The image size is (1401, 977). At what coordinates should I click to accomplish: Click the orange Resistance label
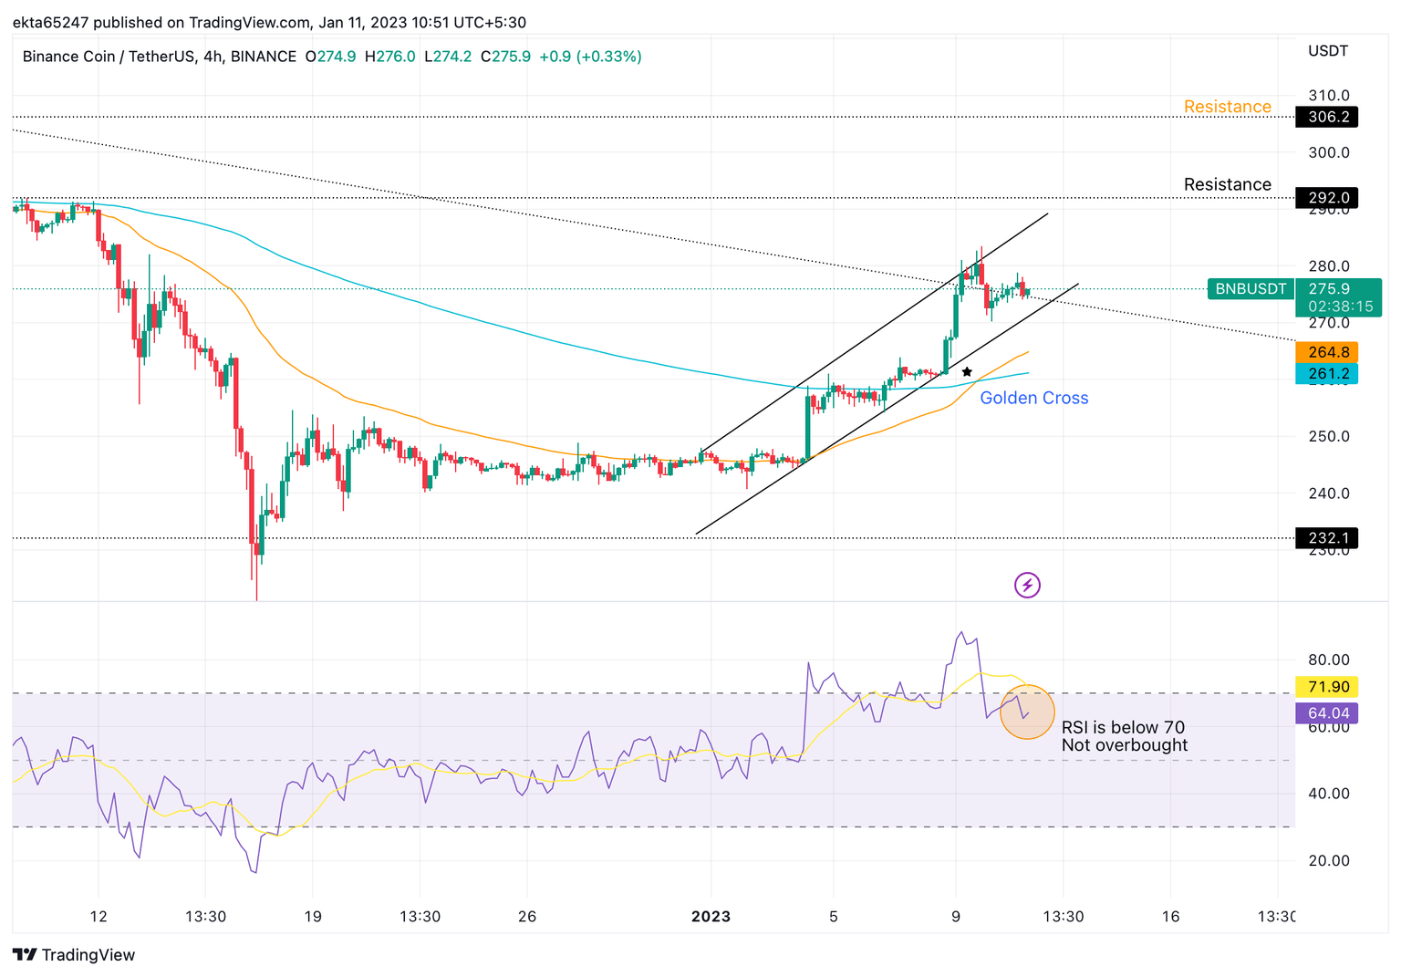tap(1227, 107)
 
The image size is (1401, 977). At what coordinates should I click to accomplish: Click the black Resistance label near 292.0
tap(1227, 184)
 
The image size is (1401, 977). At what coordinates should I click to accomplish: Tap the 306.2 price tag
tap(1327, 117)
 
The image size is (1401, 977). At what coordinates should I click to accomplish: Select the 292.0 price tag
tap(1327, 198)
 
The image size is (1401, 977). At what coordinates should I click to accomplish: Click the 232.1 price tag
tap(1327, 538)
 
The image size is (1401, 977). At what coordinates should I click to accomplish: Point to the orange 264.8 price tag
tap(1327, 352)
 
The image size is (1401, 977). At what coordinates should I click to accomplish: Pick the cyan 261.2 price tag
tap(1327, 374)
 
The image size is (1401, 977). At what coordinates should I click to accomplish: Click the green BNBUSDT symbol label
tap(1250, 289)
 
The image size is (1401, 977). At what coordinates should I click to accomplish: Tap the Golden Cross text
tap(1033, 398)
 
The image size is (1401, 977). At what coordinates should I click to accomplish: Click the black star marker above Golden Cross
tap(967, 372)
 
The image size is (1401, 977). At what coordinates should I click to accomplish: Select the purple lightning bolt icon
tap(1027, 585)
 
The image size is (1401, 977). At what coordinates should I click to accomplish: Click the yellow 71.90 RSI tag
tap(1327, 687)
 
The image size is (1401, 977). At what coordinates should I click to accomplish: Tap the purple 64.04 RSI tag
tap(1327, 713)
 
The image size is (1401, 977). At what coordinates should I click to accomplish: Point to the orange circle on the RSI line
tap(1027, 712)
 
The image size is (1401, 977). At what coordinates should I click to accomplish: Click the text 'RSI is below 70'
tap(1123, 727)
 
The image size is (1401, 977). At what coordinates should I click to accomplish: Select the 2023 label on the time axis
tap(711, 916)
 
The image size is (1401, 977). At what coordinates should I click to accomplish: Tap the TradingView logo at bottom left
tap(75, 955)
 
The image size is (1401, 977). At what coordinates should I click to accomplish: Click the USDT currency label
tap(1327, 51)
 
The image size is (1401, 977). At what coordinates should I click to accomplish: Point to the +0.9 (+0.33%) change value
tap(590, 57)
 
